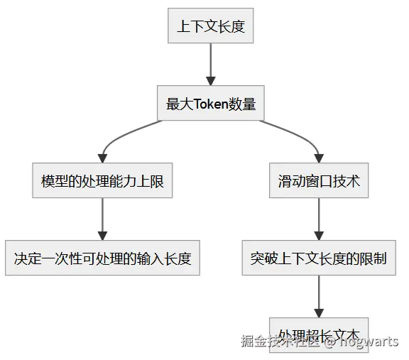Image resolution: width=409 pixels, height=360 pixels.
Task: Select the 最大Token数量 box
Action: point(210,104)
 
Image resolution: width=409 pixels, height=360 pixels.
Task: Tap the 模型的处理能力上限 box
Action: point(102,181)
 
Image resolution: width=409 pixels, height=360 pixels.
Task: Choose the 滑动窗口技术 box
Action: point(318,181)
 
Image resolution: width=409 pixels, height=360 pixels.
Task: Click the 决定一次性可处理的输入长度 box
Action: point(102,258)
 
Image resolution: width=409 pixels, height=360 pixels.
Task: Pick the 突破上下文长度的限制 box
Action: point(318,258)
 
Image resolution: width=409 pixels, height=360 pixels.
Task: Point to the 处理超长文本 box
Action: point(318,334)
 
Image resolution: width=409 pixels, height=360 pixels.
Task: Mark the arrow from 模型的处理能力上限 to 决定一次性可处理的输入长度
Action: point(102,219)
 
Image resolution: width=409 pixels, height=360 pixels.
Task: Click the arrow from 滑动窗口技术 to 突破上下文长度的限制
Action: point(318,219)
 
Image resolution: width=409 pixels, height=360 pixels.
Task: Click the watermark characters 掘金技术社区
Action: point(281,342)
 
